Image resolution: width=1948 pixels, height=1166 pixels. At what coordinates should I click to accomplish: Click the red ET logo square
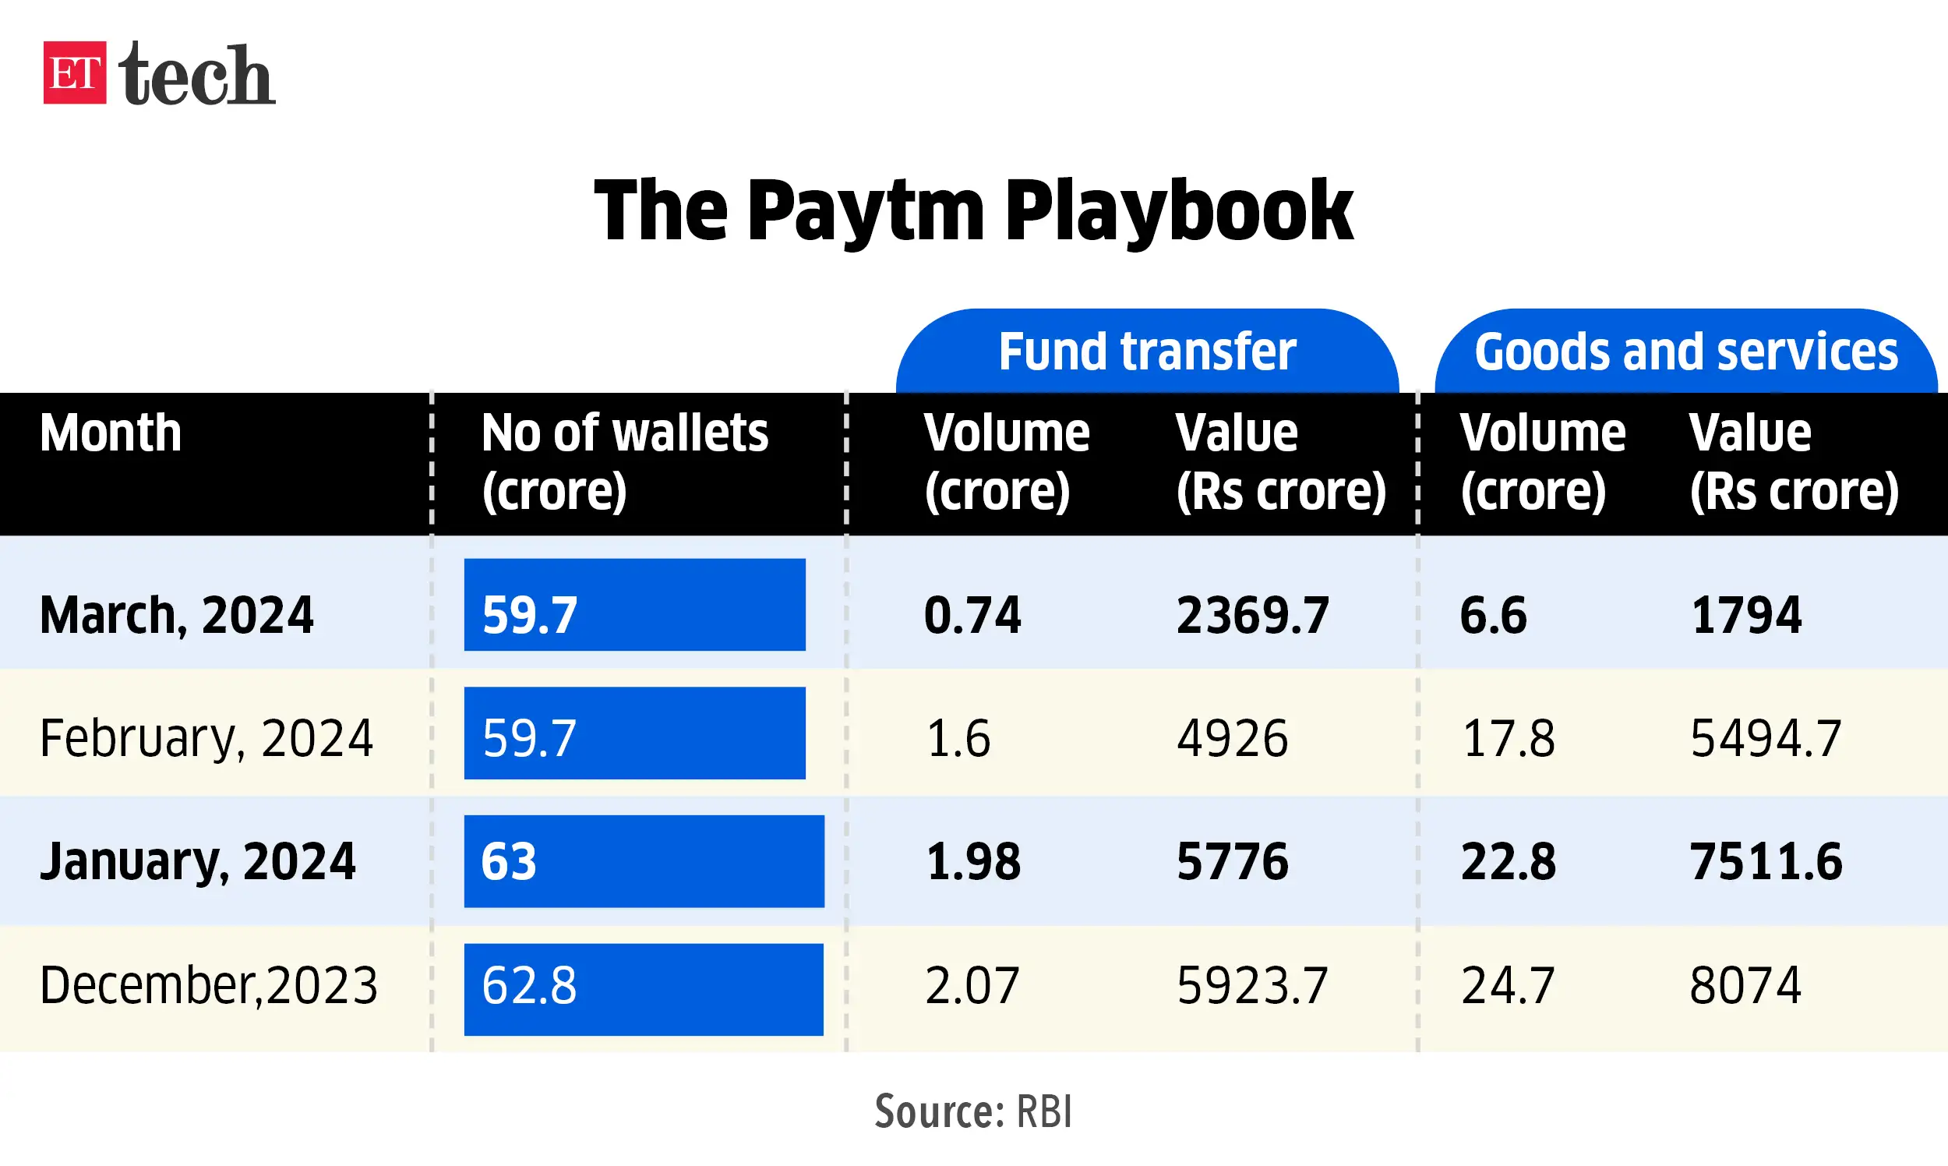coord(75,72)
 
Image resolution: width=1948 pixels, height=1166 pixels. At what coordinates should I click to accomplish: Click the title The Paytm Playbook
coord(973,210)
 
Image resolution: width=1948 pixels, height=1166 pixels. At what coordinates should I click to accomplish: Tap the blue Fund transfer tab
coord(1147,352)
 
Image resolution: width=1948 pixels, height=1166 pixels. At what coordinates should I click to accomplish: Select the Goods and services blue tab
coord(1685,352)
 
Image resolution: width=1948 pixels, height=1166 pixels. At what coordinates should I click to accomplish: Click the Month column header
coord(111,433)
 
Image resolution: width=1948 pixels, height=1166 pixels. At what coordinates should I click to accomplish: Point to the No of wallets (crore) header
coord(624,462)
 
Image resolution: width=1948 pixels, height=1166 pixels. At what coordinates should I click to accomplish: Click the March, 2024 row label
coord(177,614)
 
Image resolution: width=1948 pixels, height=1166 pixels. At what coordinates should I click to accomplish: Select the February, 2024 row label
coord(206,738)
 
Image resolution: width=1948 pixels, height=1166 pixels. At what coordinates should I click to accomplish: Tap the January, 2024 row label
coord(197,861)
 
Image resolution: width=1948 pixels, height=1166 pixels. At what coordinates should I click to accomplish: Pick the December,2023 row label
coord(208,985)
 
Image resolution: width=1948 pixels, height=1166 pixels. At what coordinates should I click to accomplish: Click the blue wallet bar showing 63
coord(644,861)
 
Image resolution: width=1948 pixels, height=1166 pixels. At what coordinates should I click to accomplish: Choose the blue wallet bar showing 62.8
coord(644,989)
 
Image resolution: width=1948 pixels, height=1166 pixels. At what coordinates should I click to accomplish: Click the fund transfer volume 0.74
coord(972,614)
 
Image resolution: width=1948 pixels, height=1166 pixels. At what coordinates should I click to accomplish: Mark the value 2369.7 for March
coord(1252,614)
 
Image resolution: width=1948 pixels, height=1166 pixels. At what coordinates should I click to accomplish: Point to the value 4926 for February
coord(1232,738)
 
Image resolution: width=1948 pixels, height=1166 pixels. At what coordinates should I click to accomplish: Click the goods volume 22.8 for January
coord(1508,861)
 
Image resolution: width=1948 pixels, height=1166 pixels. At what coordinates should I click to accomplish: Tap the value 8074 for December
coord(1745,985)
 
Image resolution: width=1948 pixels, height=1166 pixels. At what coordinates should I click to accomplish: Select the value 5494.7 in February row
coord(1765,738)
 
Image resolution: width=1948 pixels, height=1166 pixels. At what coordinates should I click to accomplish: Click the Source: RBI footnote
coord(973,1111)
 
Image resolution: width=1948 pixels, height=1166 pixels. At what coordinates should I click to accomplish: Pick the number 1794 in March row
coord(1745,614)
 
